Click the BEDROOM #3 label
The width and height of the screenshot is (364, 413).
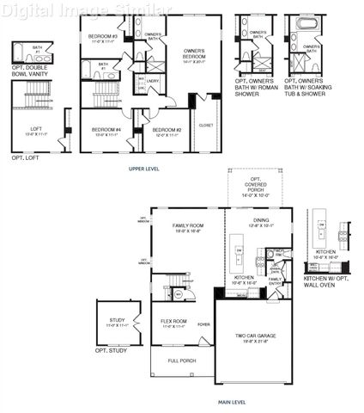click(103, 37)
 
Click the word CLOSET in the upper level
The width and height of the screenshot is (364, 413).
click(206, 125)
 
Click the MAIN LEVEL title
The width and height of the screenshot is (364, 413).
click(232, 402)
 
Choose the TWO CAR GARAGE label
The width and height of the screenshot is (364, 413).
click(252, 337)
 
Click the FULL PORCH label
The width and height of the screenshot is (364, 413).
click(180, 360)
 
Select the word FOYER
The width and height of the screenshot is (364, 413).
click(203, 324)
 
